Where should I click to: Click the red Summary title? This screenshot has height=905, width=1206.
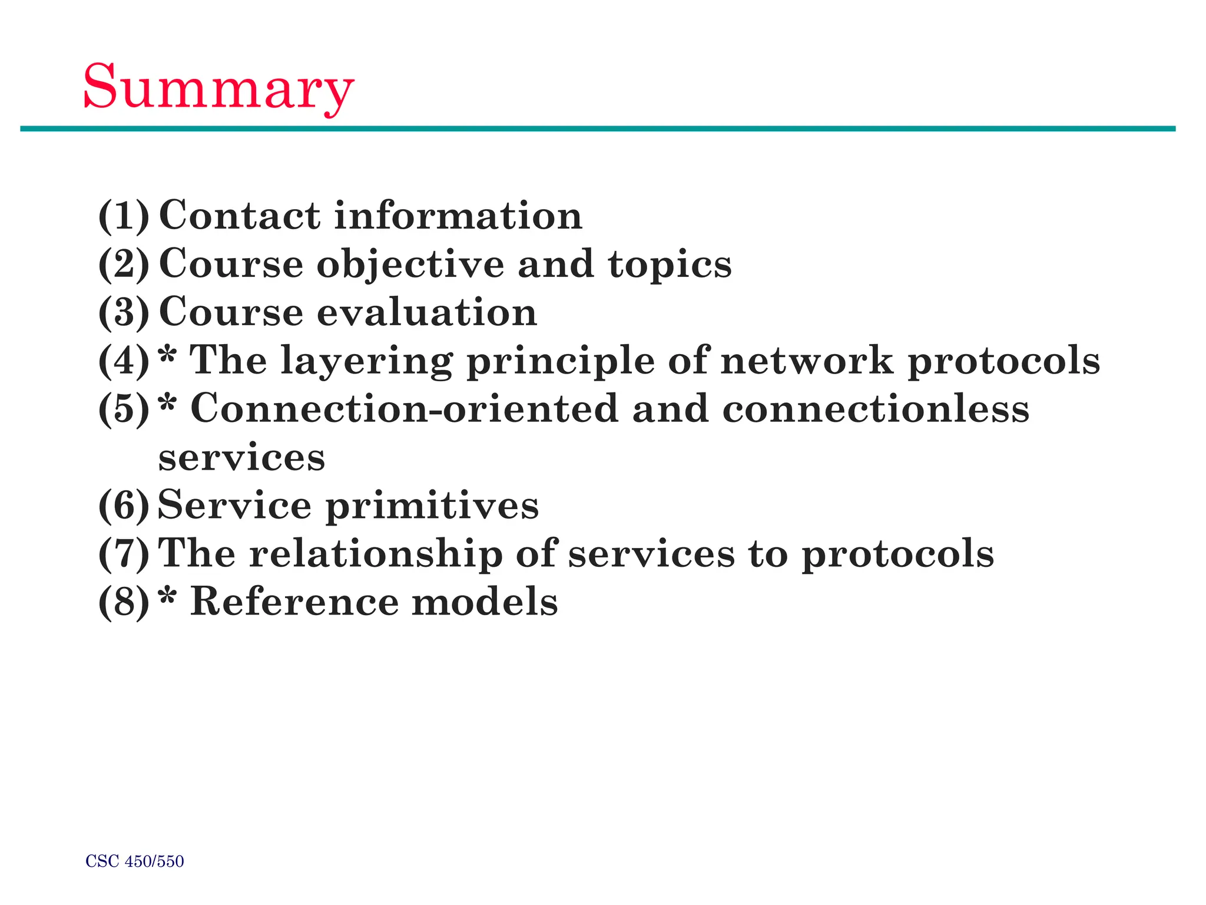coord(218,88)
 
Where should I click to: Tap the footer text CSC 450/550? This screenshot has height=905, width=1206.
coord(135,861)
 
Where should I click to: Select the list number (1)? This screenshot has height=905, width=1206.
coord(124,216)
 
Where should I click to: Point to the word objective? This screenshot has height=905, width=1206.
coord(410,265)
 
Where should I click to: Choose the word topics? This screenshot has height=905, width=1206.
coord(670,265)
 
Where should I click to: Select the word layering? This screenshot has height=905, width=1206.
coord(367,361)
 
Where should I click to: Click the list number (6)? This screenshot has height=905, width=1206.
coord(124,506)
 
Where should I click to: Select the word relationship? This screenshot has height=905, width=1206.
coord(376,554)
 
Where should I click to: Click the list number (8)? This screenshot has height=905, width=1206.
coord(124,603)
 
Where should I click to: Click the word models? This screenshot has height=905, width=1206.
coord(484,602)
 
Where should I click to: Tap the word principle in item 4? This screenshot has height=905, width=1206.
coord(560,361)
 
